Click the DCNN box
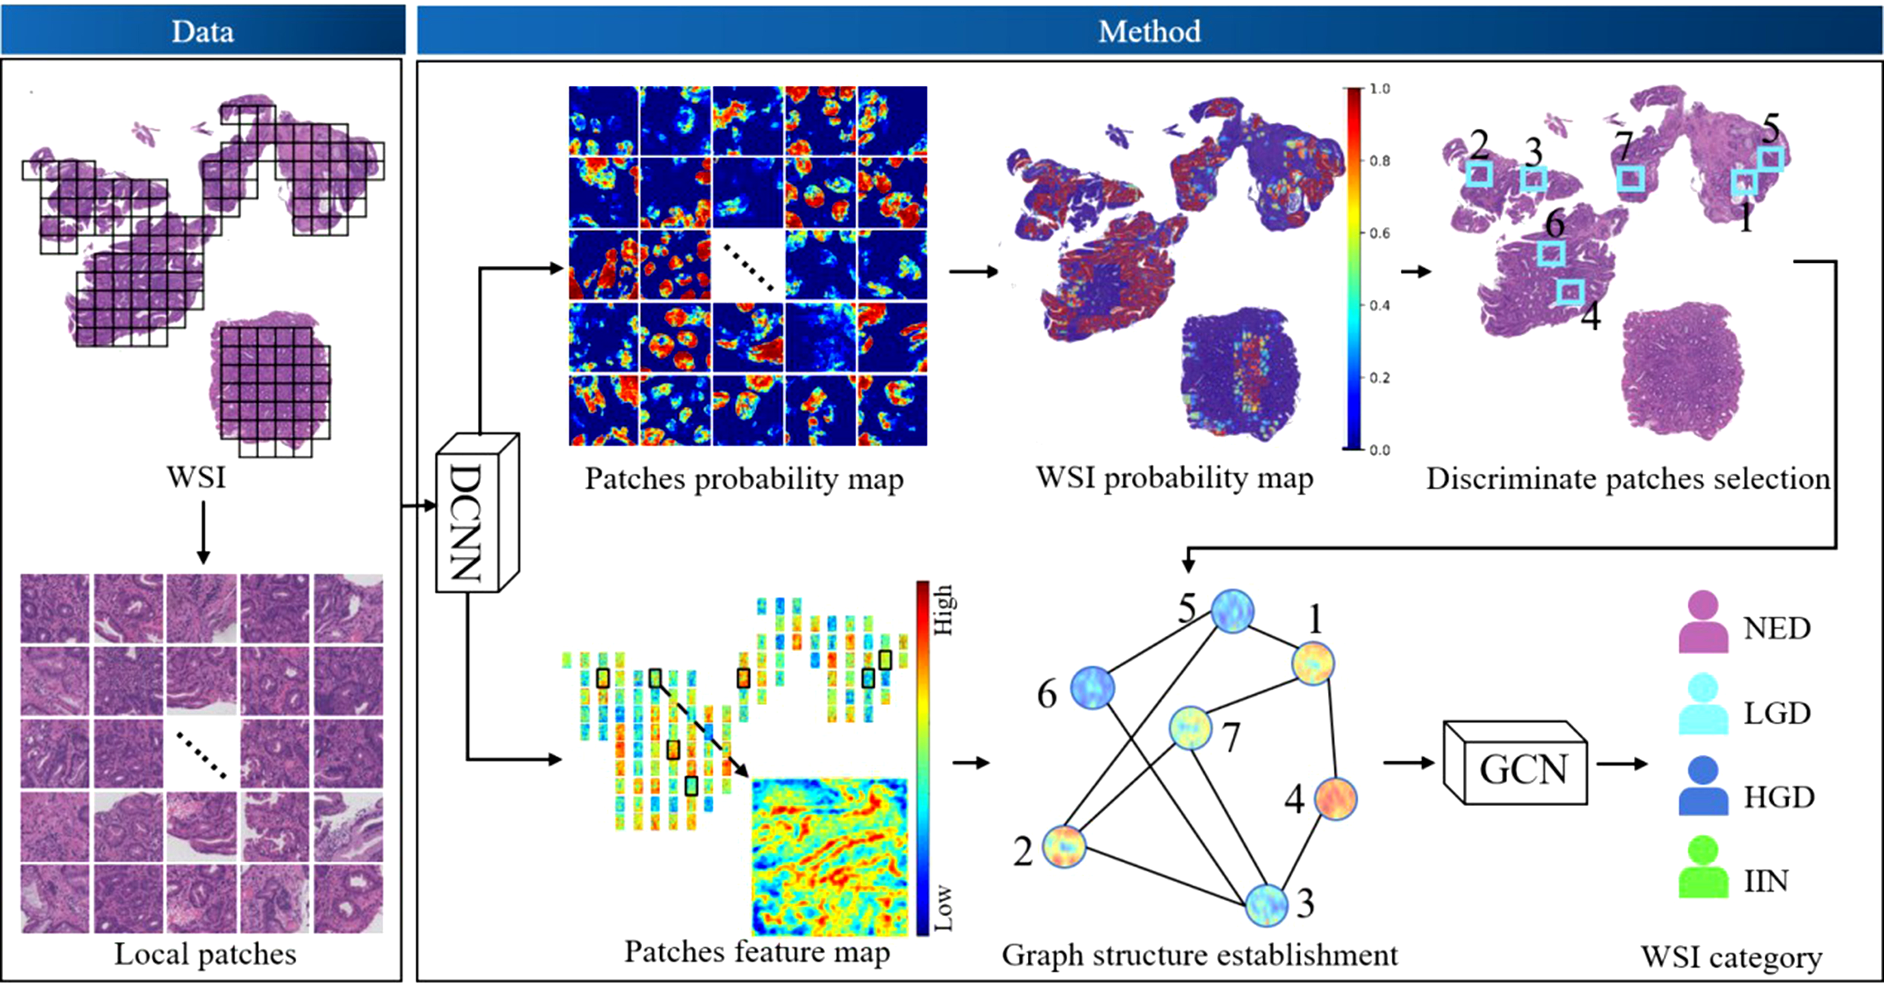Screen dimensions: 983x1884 476,514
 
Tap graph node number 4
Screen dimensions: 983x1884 1335,799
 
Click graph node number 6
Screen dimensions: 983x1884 1092,688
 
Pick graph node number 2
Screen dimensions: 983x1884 1064,846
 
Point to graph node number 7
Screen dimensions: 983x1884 1190,728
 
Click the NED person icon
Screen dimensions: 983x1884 1702,623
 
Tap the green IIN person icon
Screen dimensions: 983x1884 1702,868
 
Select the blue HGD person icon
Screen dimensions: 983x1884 1702,786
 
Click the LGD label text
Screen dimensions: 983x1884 1777,713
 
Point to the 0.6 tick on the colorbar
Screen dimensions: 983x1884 1379,233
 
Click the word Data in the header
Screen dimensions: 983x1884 202,31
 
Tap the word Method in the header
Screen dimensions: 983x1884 1149,31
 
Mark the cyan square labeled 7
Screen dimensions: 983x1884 1630,179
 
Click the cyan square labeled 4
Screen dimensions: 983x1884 1570,291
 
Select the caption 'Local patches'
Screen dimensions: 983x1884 205,954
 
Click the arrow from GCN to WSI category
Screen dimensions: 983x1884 1622,763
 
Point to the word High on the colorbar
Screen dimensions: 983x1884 943,609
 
